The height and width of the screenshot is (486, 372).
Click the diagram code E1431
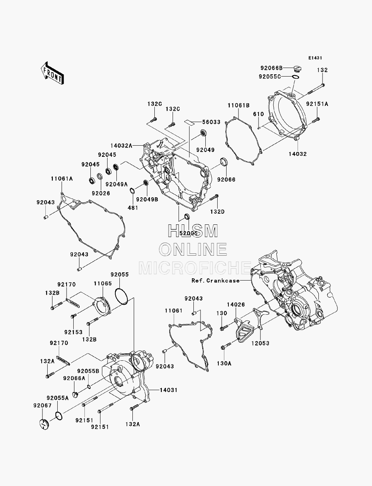(315, 58)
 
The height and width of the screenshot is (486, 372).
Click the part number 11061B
(238, 106)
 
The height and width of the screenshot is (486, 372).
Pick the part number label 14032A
(121, 146)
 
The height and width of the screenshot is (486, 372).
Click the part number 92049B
(147, 199)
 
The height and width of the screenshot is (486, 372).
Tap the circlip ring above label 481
(132, 190)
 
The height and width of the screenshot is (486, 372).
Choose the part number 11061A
(62, 178)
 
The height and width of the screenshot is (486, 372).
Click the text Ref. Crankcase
(215, 281)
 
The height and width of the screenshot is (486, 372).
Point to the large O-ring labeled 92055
(121, 296)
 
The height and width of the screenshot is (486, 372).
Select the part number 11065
(103, 283)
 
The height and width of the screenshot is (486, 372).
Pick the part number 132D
(218, 212)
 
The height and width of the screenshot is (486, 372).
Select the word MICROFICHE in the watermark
(195, 268)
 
